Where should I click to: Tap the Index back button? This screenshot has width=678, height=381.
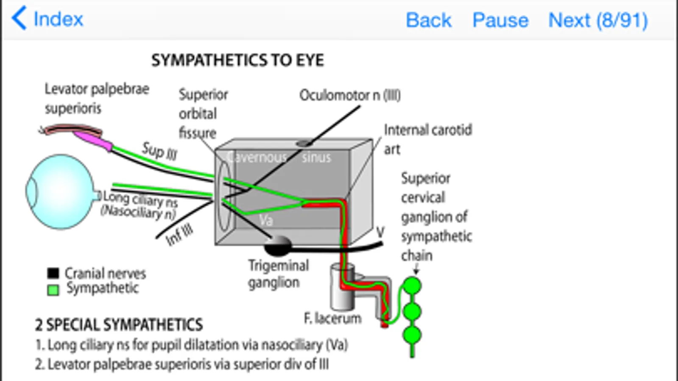click(47, 19)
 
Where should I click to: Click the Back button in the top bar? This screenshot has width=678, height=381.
click(428, 20)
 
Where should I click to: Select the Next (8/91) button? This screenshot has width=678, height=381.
click(598, 20)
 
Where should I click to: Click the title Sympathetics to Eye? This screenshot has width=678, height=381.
click(237, 61)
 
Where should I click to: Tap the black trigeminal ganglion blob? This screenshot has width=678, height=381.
click(278, 246)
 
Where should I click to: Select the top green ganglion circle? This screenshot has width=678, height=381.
click(412, 286)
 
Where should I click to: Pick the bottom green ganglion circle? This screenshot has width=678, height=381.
click(412, 335)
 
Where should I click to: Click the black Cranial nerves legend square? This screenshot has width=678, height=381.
click(53, 273)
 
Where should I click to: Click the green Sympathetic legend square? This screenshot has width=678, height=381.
click(53, 290)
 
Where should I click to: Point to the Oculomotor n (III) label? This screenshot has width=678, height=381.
click(350, 95)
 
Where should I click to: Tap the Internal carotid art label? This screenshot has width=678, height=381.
click(427, 139)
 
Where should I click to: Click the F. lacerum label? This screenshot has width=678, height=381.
click(332, 318)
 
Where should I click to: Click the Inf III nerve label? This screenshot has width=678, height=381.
click(179, 235)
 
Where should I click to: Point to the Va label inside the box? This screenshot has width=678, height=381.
click(266, 220)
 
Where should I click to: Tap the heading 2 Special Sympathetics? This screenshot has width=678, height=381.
click(119, 325)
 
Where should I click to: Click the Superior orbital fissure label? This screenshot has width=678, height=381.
click(203, 113)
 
